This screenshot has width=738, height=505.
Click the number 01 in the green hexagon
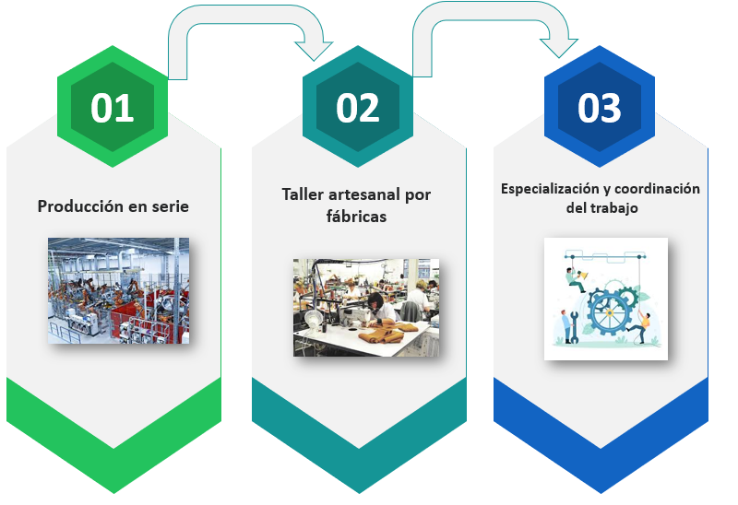point(112,108)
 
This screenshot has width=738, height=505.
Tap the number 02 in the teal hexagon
point(357,108)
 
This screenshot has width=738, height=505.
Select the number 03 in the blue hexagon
point(599,108)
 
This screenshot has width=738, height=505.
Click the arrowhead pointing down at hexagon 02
point(314,51)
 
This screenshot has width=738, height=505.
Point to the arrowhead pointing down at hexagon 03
point(559,48)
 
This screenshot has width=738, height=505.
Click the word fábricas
point(356,217)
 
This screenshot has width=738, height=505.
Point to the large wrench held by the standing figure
point(574,327)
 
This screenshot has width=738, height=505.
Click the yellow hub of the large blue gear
point(609,313)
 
